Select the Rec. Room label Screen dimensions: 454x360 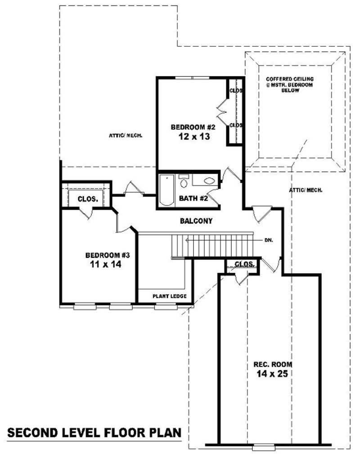tap(273, 364)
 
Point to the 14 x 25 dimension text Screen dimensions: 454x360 tap(273, 373)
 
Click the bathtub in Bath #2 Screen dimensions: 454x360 tap(166, 190)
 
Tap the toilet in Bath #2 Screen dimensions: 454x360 tap(184, 182)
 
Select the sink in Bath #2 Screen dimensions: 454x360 tap(209, 181)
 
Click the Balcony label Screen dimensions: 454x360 tap(196, 221)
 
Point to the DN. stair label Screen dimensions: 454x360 tap(269, 240)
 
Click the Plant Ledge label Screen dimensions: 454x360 tap(166, 296)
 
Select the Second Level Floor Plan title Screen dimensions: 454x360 tap(94, 433)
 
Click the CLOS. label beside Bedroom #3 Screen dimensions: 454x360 tap(88, 198)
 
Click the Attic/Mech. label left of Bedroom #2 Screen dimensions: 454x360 tap(126, 135)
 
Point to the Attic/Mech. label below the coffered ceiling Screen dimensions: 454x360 tap(306, 190)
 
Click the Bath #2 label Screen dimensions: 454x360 tap(193, 198)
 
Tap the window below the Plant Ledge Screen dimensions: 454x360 tap(163, 307)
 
